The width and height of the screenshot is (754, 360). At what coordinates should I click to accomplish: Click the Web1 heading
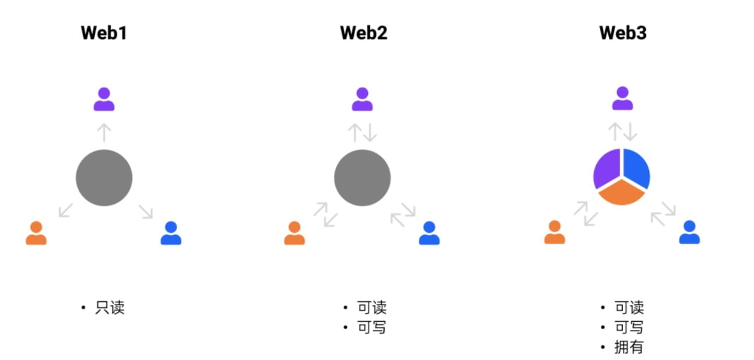[104, 33]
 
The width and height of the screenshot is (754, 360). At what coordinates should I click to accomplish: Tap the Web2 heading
[363, 33]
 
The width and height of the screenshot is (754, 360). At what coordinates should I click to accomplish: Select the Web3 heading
[623, 33]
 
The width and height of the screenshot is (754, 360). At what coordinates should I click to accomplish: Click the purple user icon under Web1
[104, 99]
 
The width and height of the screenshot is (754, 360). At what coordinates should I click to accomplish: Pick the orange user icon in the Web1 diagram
[36, 233]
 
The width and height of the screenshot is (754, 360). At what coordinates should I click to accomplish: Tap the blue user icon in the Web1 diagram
[171, 233]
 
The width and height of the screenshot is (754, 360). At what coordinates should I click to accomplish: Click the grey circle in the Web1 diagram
[104, 178]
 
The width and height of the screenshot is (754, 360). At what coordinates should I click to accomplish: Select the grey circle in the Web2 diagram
[362, 178]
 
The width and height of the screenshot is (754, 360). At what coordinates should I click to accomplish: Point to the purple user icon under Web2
[362, 99]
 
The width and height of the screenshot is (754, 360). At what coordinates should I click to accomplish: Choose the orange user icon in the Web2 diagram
[294, 233]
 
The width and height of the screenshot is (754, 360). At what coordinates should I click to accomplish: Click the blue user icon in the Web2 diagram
[429, 233]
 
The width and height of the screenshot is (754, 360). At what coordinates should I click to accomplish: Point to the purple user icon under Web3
[622, 99]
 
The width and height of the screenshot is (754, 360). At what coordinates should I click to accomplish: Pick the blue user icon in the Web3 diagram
[689, 233]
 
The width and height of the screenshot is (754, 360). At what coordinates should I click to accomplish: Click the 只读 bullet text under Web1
[110, 308]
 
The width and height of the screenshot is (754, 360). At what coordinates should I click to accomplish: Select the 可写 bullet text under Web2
[372, 327]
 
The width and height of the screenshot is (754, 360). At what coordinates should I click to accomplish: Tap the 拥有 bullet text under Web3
[629, 347]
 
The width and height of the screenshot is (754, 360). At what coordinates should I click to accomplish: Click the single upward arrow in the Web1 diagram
[104, 133]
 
